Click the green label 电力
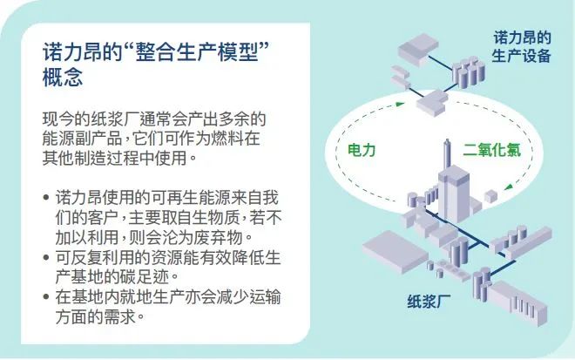(355, 150)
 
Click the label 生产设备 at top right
(524, 56)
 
